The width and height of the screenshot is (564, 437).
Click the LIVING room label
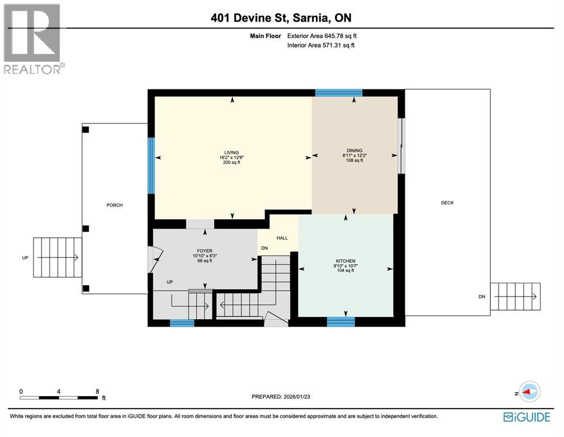[231, 152]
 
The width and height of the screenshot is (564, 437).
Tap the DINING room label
[354, 151]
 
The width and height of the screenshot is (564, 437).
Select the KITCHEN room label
[345, 261]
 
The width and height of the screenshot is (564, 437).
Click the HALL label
[282, 238]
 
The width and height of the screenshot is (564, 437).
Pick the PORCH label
[115, 205]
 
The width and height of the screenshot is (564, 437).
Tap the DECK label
[447, 203]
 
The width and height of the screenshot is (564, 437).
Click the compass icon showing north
[529, 391]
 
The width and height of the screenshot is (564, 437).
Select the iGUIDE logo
[526, 417]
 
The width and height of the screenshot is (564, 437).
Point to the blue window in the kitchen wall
[341, 322]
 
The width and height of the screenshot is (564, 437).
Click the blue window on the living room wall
[151, 166]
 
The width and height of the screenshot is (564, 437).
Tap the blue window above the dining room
[339, 93]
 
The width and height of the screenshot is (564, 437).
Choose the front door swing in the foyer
[153, 259]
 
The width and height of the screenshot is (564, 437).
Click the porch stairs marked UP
[57, 258]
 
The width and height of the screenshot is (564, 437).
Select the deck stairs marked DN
[515, 296]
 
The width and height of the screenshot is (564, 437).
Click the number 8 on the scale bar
[98, 391]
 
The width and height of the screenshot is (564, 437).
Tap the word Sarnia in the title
[315, 18]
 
